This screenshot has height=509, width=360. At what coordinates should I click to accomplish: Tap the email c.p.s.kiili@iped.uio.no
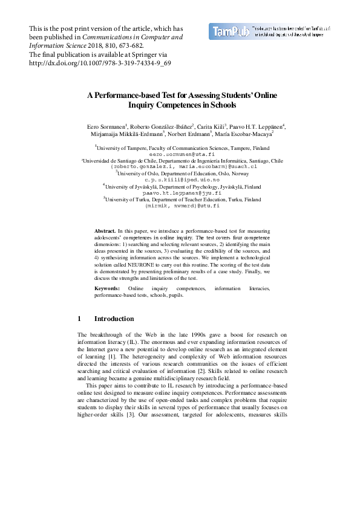tap(180, 180)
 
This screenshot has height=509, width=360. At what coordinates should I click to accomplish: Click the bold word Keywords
tap(106, 288)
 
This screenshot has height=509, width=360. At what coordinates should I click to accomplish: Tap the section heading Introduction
tap(114, 319)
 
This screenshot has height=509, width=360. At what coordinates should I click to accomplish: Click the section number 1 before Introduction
tap(79, 319)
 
